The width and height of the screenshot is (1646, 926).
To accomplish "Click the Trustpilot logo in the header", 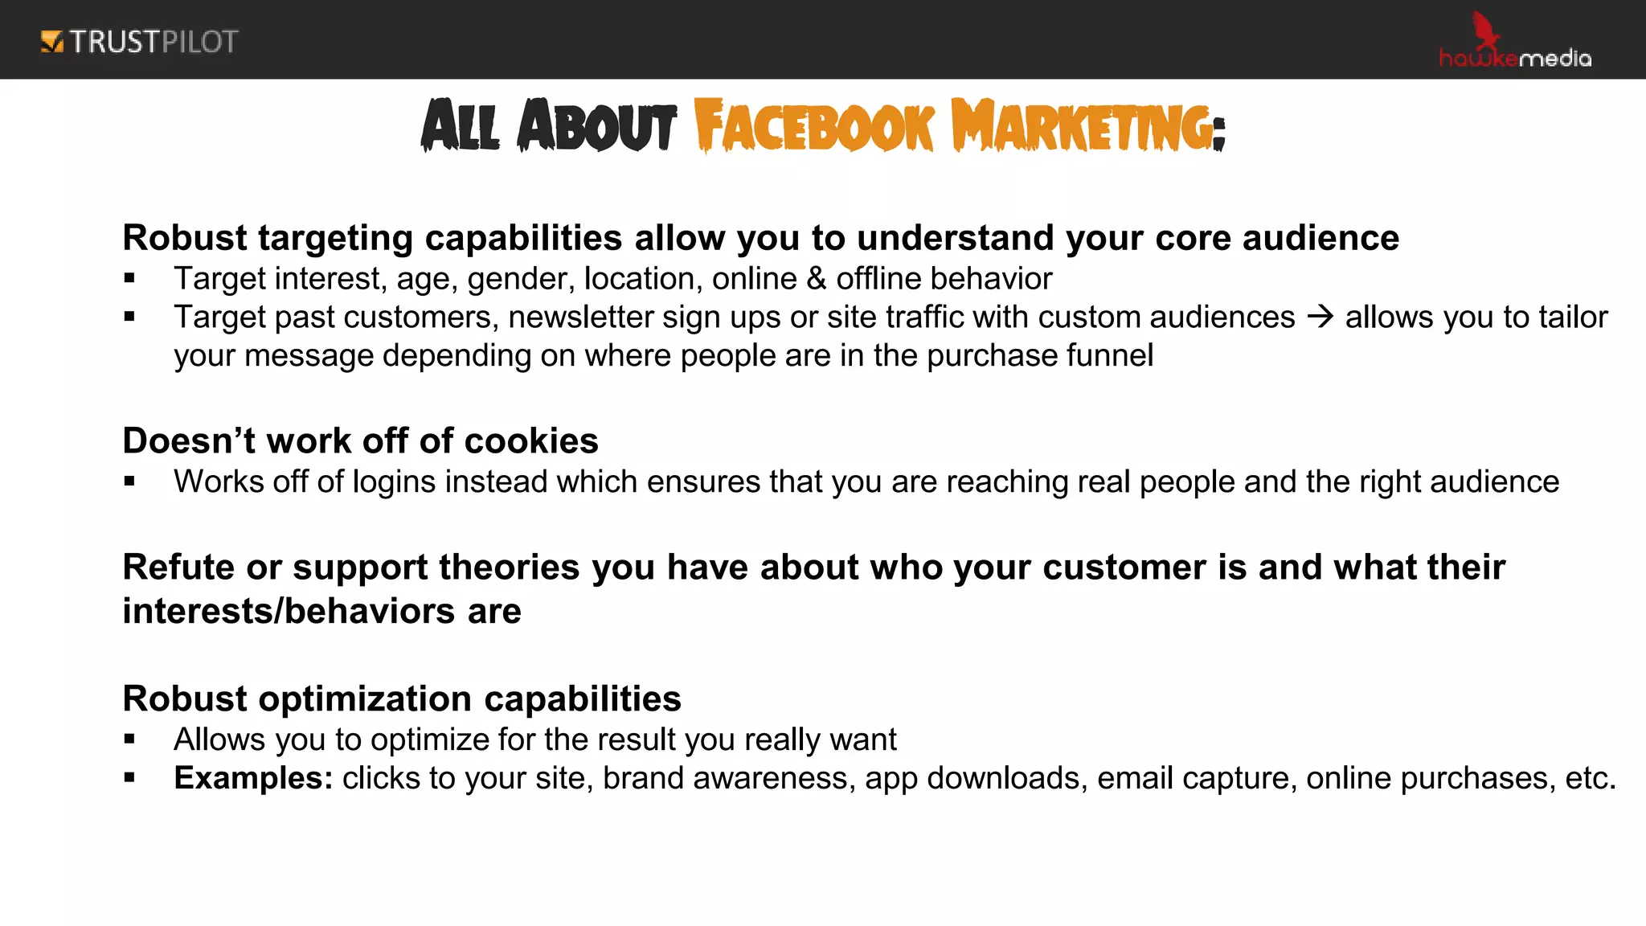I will [x=140, y=42].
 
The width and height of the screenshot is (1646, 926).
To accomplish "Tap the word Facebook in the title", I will [x=813, y=126].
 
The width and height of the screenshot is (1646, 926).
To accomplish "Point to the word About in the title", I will [x=597, y=126].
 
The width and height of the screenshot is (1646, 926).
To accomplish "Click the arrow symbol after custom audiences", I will [x=1320, y=317].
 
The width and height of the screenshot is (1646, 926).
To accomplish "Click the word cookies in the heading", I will [x=531, y=440].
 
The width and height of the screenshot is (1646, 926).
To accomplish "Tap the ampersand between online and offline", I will [x=817, y=278].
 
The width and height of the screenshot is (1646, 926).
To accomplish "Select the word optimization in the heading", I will [x=366, y=699].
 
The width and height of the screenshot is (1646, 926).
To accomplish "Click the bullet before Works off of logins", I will [x=129, y=481].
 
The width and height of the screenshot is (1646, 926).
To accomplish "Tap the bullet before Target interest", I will [x=129, y=279].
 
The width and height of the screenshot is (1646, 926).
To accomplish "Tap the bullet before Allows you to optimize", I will [x=129, y=740].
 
